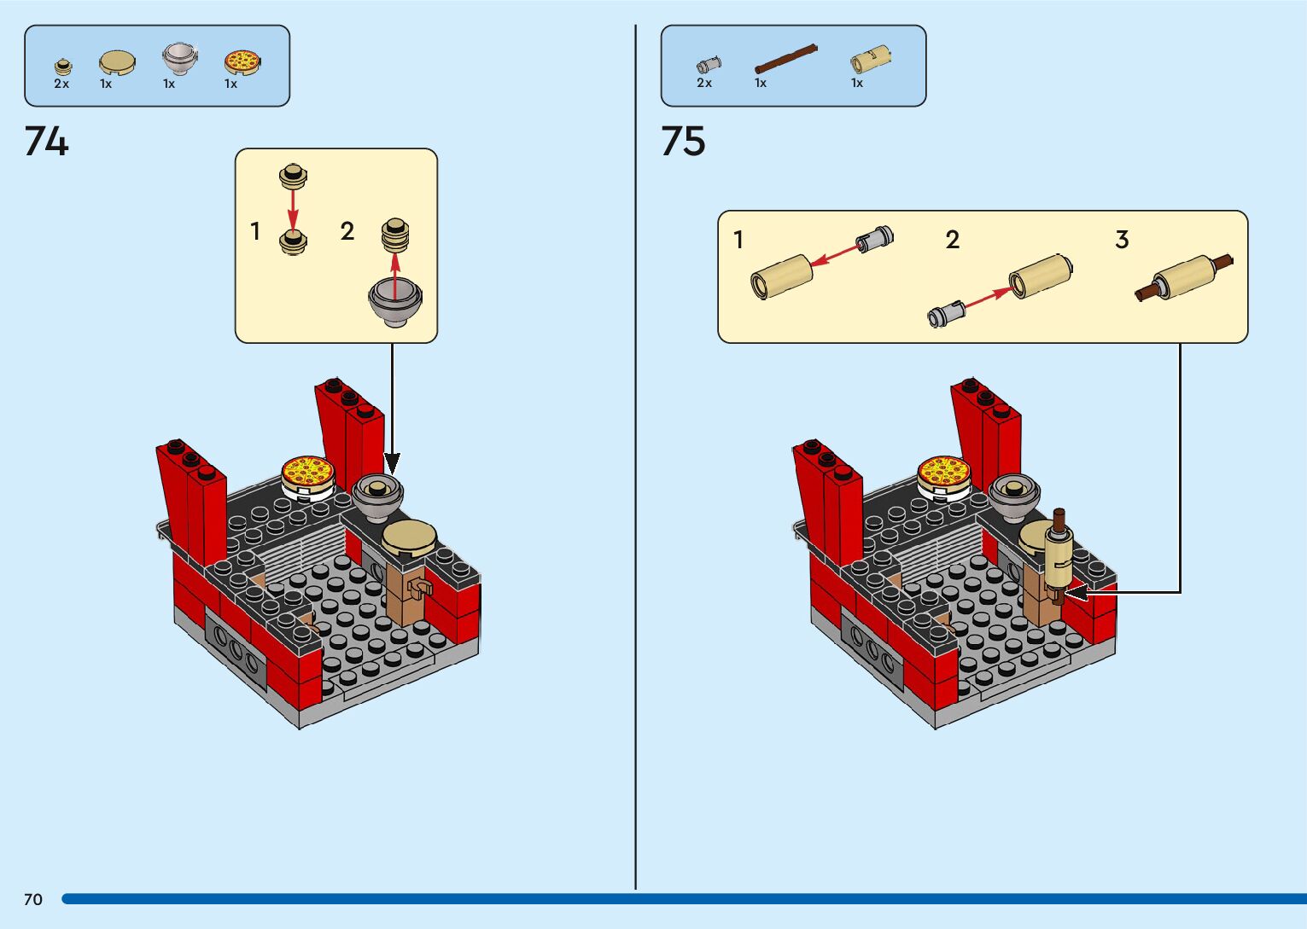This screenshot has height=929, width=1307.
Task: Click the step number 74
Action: click(x=47, y=142)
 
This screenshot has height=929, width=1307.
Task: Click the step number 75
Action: click(x=683, y=142)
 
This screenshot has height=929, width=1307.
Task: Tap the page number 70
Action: click(x=33, y=899)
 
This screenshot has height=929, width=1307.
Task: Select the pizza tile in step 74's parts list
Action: click(x=242, y=61)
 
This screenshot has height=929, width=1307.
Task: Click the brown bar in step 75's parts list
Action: click(x=785, y=58)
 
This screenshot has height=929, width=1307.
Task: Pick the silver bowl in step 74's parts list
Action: click(x=180, y=59)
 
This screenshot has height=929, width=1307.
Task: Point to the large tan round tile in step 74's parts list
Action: click(x=117, y=61)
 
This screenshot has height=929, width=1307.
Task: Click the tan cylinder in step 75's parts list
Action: click(x=870, y=60)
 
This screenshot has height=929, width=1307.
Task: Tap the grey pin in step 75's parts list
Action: click(x=708, y=64)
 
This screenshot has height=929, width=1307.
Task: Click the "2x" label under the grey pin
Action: click(x=704, y=83)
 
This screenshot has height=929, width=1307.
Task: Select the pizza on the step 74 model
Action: click(x=308, y=472)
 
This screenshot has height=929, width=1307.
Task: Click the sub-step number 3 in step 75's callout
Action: click(x=1122, y=240)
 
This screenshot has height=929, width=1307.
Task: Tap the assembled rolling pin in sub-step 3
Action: click(x=1184, y=276)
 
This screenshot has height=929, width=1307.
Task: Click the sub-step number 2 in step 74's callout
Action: click(x=347, y=231)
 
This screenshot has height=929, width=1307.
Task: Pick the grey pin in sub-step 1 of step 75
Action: click(x=875, y=238)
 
